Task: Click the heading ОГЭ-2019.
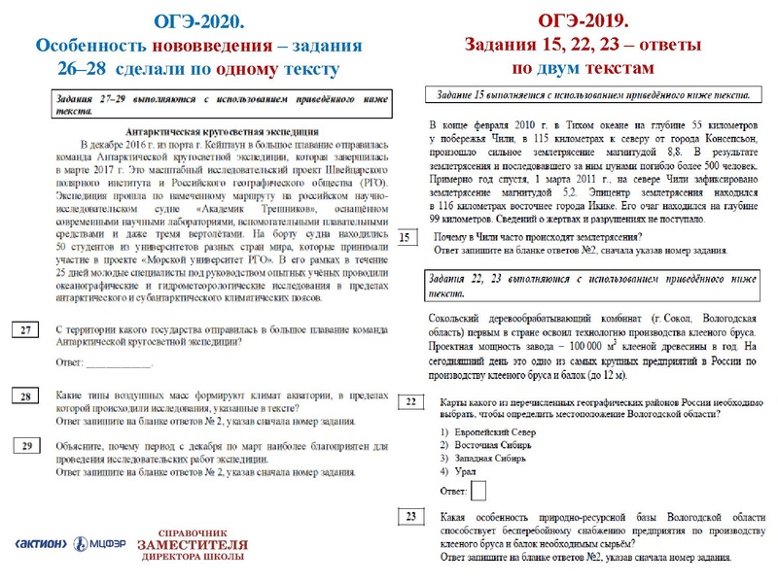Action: point(583,20)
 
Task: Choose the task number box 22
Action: point(412,401)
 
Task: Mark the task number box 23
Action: point(412,517)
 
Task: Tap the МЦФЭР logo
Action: point(99,544)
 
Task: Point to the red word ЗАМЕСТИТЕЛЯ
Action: point(193,545)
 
